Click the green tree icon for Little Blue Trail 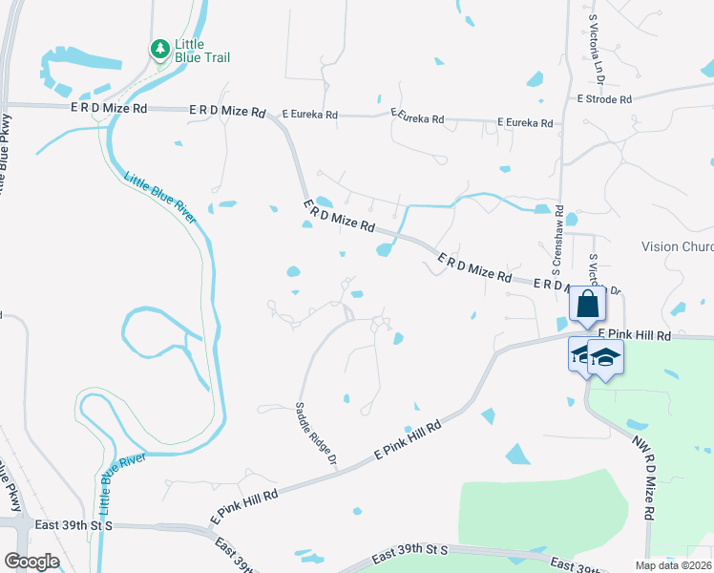(x=160, y=48)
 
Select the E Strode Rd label (x=604, y=99)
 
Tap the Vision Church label (x=677, y=246)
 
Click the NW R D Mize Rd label (x=641, y=478)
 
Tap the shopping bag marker (x=586, y=306)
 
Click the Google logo (x=31, y=561)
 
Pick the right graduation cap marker (x=605, y=358)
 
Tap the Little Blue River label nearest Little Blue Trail (x=160, y=197)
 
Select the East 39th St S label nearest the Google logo (x=74, y=525)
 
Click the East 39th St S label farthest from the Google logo (x=409, y=552)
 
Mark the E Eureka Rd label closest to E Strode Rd (x=525, y=123)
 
